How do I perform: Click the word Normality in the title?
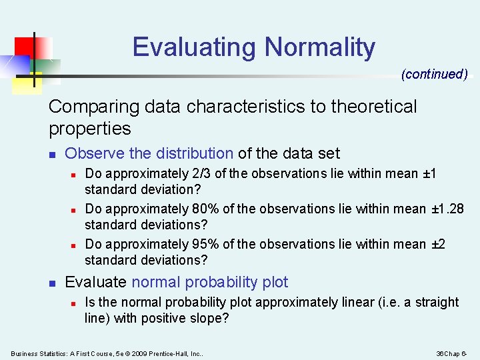click(320, 47)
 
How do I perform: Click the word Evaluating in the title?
click(195, 47)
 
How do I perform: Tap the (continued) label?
click(434, 74)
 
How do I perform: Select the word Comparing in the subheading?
click(90, 107)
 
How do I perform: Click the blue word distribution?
click(195, 153)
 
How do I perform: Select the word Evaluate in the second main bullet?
click(96, 282)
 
